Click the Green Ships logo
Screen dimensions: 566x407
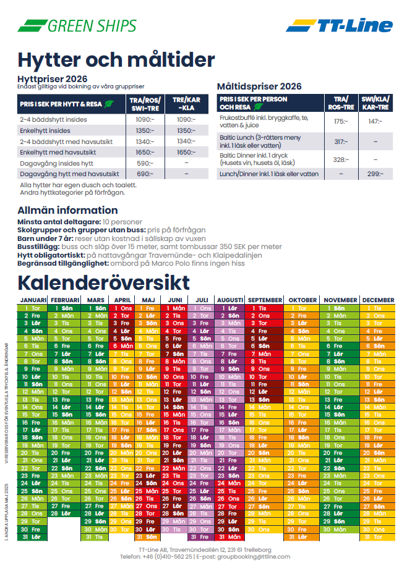[77, 25]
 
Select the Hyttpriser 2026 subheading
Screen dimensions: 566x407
[53, 80]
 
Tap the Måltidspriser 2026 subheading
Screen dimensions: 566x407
[259, 87]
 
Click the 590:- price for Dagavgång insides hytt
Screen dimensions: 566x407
[144, 163]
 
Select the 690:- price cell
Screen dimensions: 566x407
[144, 174]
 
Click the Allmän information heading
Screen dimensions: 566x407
[67, 210]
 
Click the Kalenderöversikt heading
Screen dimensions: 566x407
[103, 282]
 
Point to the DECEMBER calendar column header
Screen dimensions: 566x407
[378, 300]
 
